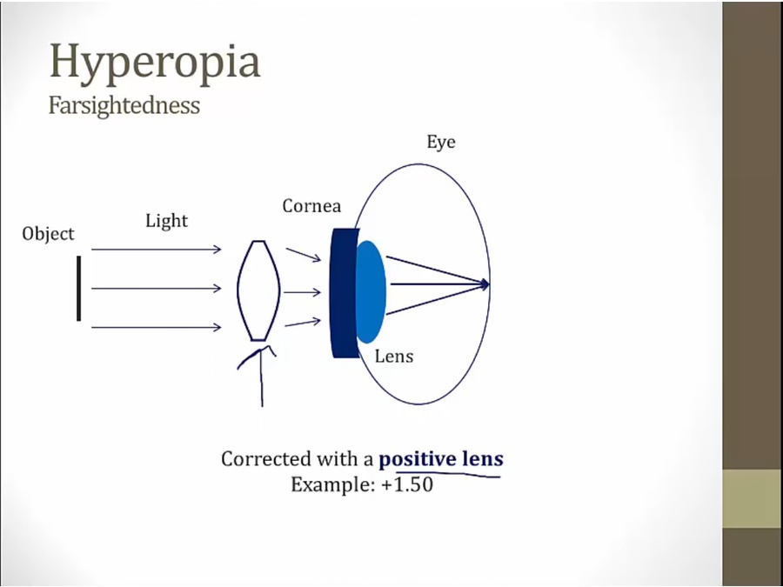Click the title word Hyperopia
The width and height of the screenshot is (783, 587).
(155, 63)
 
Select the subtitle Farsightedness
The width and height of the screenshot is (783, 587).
(124, 106)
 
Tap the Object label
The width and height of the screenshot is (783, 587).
(49, 234)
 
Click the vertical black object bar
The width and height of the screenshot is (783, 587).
(78, 288)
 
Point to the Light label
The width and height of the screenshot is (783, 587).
(166, 221)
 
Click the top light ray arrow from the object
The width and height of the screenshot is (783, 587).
(156, 250)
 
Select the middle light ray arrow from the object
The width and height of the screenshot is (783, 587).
(156, 289)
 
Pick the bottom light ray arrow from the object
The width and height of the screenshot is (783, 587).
(156, 327)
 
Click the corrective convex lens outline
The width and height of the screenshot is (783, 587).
(258, 290)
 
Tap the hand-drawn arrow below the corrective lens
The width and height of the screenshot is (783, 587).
(260, 374)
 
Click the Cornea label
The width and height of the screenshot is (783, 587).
(311, 206)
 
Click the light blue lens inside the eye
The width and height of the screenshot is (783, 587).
(370, 290)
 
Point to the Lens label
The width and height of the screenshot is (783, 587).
(394, 356)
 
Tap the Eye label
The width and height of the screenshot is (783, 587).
(441, 142)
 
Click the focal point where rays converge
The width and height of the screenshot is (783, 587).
(486, 283)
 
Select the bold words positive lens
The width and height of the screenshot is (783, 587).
(441, 458)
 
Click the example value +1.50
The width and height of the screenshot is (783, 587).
(406, 484)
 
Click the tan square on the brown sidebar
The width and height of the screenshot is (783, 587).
(752, 498)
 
